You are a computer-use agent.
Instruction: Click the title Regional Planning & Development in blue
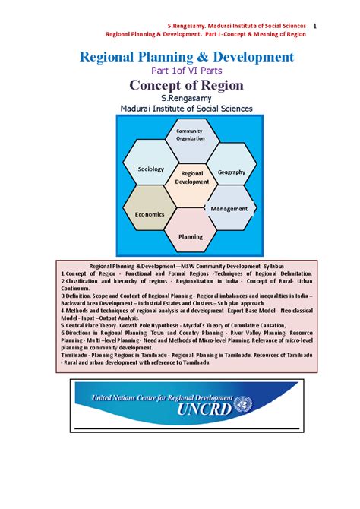tap(180, 57)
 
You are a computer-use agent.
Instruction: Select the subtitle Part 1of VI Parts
tap(180, 71)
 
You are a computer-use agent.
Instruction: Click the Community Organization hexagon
tap(190, 136)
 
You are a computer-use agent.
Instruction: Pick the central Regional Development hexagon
tap(191, 179)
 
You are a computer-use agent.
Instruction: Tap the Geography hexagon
tap(232, 172)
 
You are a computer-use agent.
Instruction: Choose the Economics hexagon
tap(150, 213)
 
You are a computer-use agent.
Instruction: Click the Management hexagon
tap(229, 208)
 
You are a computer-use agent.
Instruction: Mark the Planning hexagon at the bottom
tap(191, 236)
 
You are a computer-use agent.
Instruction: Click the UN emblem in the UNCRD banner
tap(242, 405)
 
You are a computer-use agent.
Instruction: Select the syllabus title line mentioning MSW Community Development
tap(186, 267)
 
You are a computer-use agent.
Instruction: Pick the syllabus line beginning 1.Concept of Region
tap(186, 273)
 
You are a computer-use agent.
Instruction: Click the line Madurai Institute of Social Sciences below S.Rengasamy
tap(180, 109)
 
